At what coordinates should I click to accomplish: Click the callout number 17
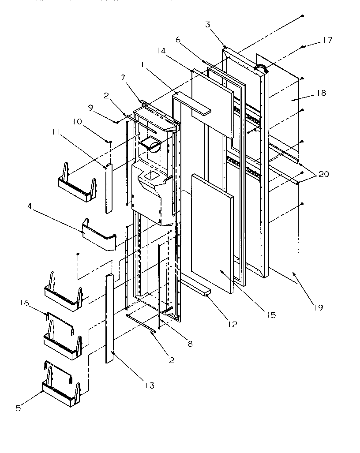(x=327, y=40)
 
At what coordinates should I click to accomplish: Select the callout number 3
(x=208, y=24)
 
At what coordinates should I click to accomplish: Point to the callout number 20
(x=324, y=174)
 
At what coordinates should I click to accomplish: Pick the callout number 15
(x=270, y=315)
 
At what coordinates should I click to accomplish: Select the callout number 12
(x=232, y=324)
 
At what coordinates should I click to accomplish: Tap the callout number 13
(x=150, y=386)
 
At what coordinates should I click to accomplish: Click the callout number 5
(x=18, y=408)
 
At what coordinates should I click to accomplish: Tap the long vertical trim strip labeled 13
(x=109, y=318)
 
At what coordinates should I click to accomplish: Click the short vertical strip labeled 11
(x=109, y=187)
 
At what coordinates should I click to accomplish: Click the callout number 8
(x=190, y=344)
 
